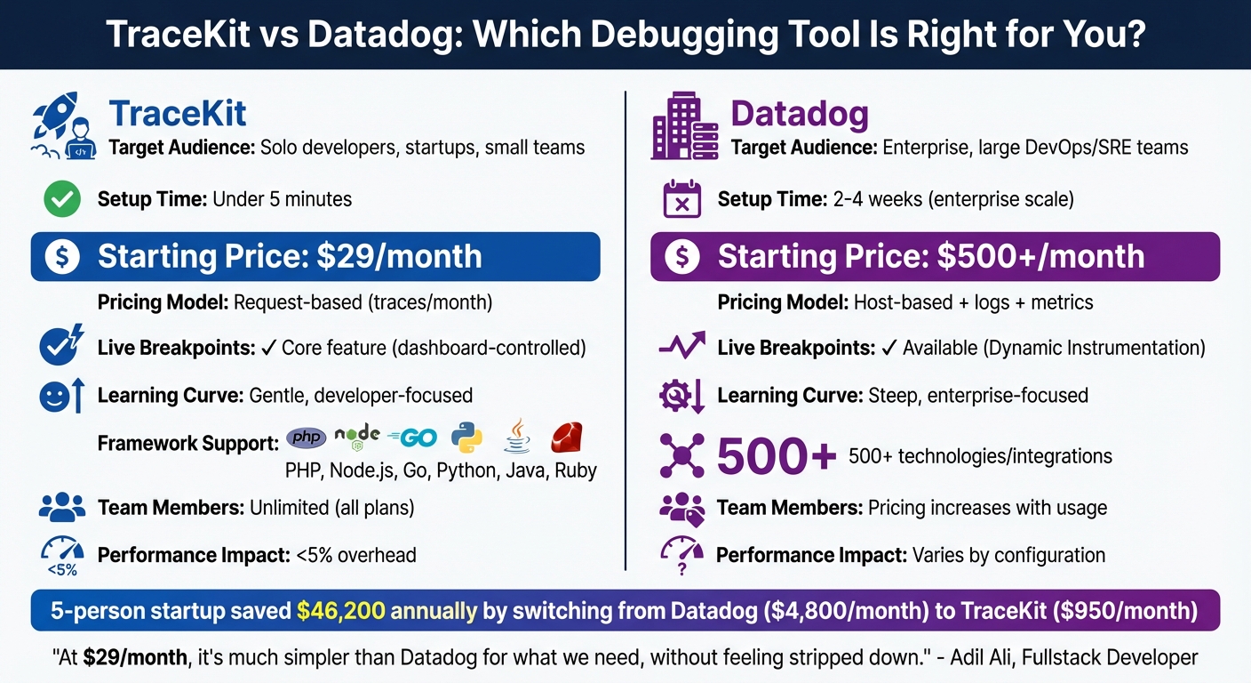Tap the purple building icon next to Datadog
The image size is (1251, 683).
click(684, 125)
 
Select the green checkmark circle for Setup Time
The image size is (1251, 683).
click(61, 199)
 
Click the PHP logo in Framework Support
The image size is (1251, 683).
click(306, 438)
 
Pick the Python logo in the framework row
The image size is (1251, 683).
click(466, 437)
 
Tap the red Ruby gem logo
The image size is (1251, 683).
click(568, 437)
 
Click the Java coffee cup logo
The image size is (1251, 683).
click(517, 437)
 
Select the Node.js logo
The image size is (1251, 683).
click(358, 436)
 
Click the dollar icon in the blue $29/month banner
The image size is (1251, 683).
click(62, 257)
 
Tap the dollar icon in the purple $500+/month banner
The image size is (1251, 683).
click(681, 257)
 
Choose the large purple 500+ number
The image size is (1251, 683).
click(776, 457)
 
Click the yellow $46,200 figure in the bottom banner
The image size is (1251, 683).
click(340, 611)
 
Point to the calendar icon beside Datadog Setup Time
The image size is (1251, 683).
click(682, 199)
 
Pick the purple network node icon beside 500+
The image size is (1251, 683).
click(682, 456)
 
